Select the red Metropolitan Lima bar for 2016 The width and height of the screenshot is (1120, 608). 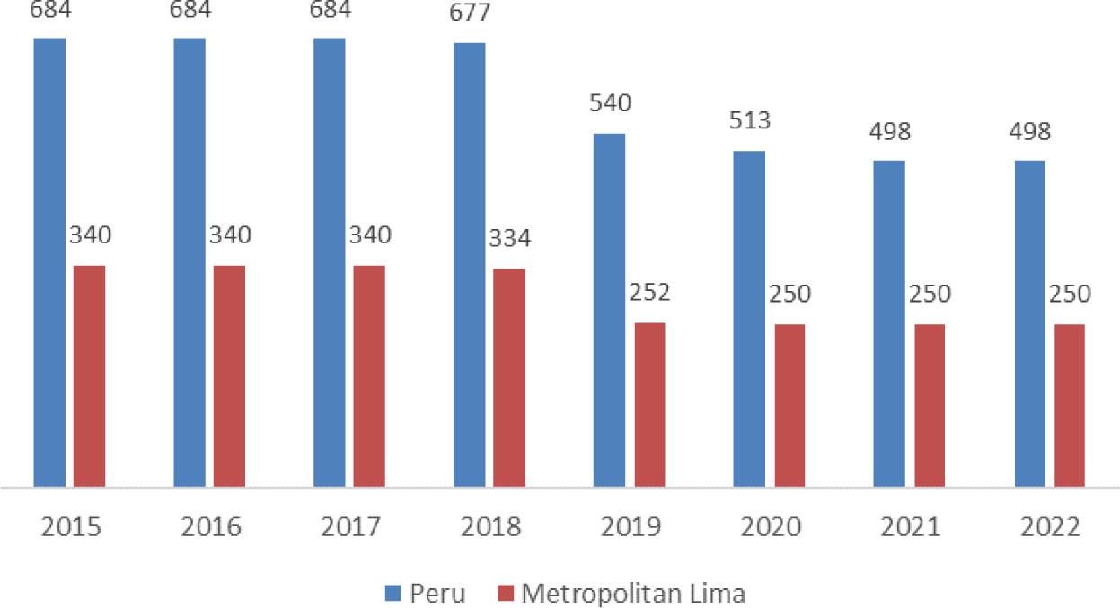pyautogui.click(x=229, y=376)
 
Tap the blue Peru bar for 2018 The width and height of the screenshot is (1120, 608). pyautogui.click(x=469, y=265)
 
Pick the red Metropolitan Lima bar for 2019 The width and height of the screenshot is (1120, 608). pyautogui.click(x=649, y=405)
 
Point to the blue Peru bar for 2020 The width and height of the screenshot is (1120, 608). pyautogui.click(x=749, y=319)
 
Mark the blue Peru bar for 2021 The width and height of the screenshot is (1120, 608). pyautogui.click(x=889, y=323)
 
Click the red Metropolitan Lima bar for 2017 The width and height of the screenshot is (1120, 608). pyautogui.click(x=369, y=376)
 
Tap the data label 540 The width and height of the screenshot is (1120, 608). pyautogui.click(x=610, y=102)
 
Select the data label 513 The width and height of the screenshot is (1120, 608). pyautogui.click(x=749, y=120)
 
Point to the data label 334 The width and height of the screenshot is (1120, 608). pyautogui.click(x=509, y=239)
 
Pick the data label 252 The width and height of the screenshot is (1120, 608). pyautogui.click(x=650, y=294)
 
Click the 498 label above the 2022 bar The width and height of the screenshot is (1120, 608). pyautogui.click(x=1029, y=132)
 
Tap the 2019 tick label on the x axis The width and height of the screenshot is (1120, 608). pyautogui.click(x=631, y=527)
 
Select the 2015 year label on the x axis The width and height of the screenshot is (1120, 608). pyautogui.click(x=70, y=527)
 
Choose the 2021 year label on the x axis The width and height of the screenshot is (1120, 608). pyautogui.click(x=910, y=527)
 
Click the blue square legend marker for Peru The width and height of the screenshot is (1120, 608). pyautogui.click(x=392, y=594)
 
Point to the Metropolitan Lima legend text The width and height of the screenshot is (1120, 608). pyautogui.click(x=633, y=594)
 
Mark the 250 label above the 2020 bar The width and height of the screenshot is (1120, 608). pyautogui.click(x=789, y=294)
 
